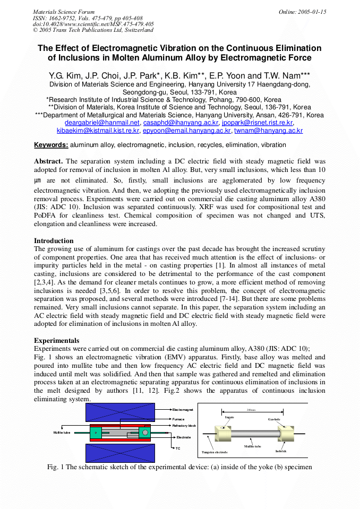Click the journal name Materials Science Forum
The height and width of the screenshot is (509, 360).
(x=64, y=12)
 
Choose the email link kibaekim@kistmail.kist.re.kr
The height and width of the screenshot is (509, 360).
(x=98, y=130)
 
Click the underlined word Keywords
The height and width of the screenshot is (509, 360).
(x=51, y=145)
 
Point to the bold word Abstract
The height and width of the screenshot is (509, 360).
(x=48, y=161)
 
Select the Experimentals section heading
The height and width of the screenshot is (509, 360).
(x=57, y=340)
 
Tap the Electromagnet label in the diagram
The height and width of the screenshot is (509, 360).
(x=183, y=410)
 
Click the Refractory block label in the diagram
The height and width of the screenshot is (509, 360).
(x=184, y=426)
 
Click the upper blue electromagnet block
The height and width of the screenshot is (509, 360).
(x=120, y=412)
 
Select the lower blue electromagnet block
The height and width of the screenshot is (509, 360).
(x=120, y=453)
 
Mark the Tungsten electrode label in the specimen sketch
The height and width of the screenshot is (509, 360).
(x=215, y=452)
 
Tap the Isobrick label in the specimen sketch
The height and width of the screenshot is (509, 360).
(x=281, y=451)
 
